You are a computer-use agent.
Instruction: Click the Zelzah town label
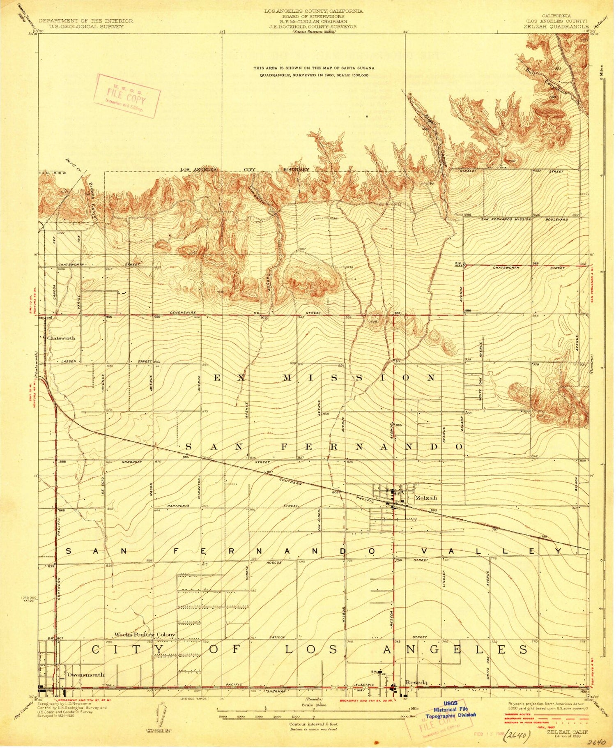(x=426, y=498)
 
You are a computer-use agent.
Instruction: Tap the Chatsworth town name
(x=61, y=338)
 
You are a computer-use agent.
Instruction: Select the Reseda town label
(x=416, y=682)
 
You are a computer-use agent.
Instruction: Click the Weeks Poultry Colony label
(x=145, y=634)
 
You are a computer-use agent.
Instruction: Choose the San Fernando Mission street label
(x=506, y=219)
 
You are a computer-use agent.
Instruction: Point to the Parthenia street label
(x=178, y=506)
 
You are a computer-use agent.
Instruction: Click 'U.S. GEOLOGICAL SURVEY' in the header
(x=85, y=26)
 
